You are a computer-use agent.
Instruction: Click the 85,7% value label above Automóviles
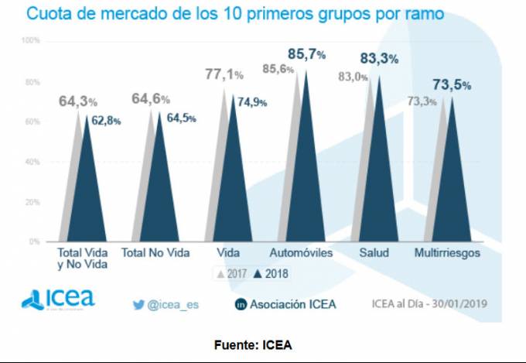[x=307, y=55]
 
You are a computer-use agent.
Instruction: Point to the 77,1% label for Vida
[x=224, y=75]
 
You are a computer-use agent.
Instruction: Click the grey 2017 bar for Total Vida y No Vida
[x=74, y=186]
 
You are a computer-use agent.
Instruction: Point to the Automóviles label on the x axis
[x=302, y=253]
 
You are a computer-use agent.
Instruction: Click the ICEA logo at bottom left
[x=58, y=299]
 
